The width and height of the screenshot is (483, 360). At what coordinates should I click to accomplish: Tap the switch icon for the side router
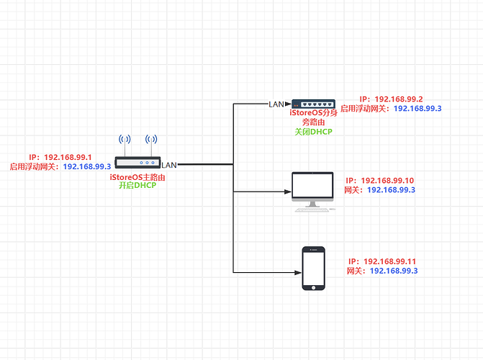pyautogui.click(x=313, y=104)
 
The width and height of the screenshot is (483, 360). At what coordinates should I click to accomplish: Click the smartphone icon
pyautogui.click(x=312, y=268)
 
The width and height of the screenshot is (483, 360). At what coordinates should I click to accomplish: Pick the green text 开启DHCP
pyautogui.click(x=137, y=185)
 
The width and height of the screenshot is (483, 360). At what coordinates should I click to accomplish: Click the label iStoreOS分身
pyautogui.click(x=313, y=113)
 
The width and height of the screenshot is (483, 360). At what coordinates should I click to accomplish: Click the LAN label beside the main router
pyautogui.click(x=169, y=166)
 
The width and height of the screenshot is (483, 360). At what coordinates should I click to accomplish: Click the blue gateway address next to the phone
pyautogui.click(x=394, y=271)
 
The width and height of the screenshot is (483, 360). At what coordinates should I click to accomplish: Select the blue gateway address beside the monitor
pyautogui.click(x=392, y=190)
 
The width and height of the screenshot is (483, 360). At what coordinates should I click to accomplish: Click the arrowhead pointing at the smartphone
pyautogui.click(x=296, y=272)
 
